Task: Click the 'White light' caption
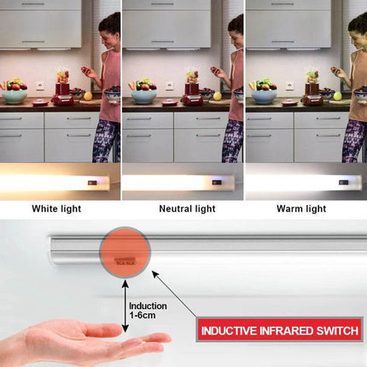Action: [x=57, y=207]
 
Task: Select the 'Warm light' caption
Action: [x=300, y=207]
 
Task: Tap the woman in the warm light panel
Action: [x=355, y=85]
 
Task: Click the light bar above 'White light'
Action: [x=55, y=183]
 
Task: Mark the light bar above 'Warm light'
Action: [x=303, y=183]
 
